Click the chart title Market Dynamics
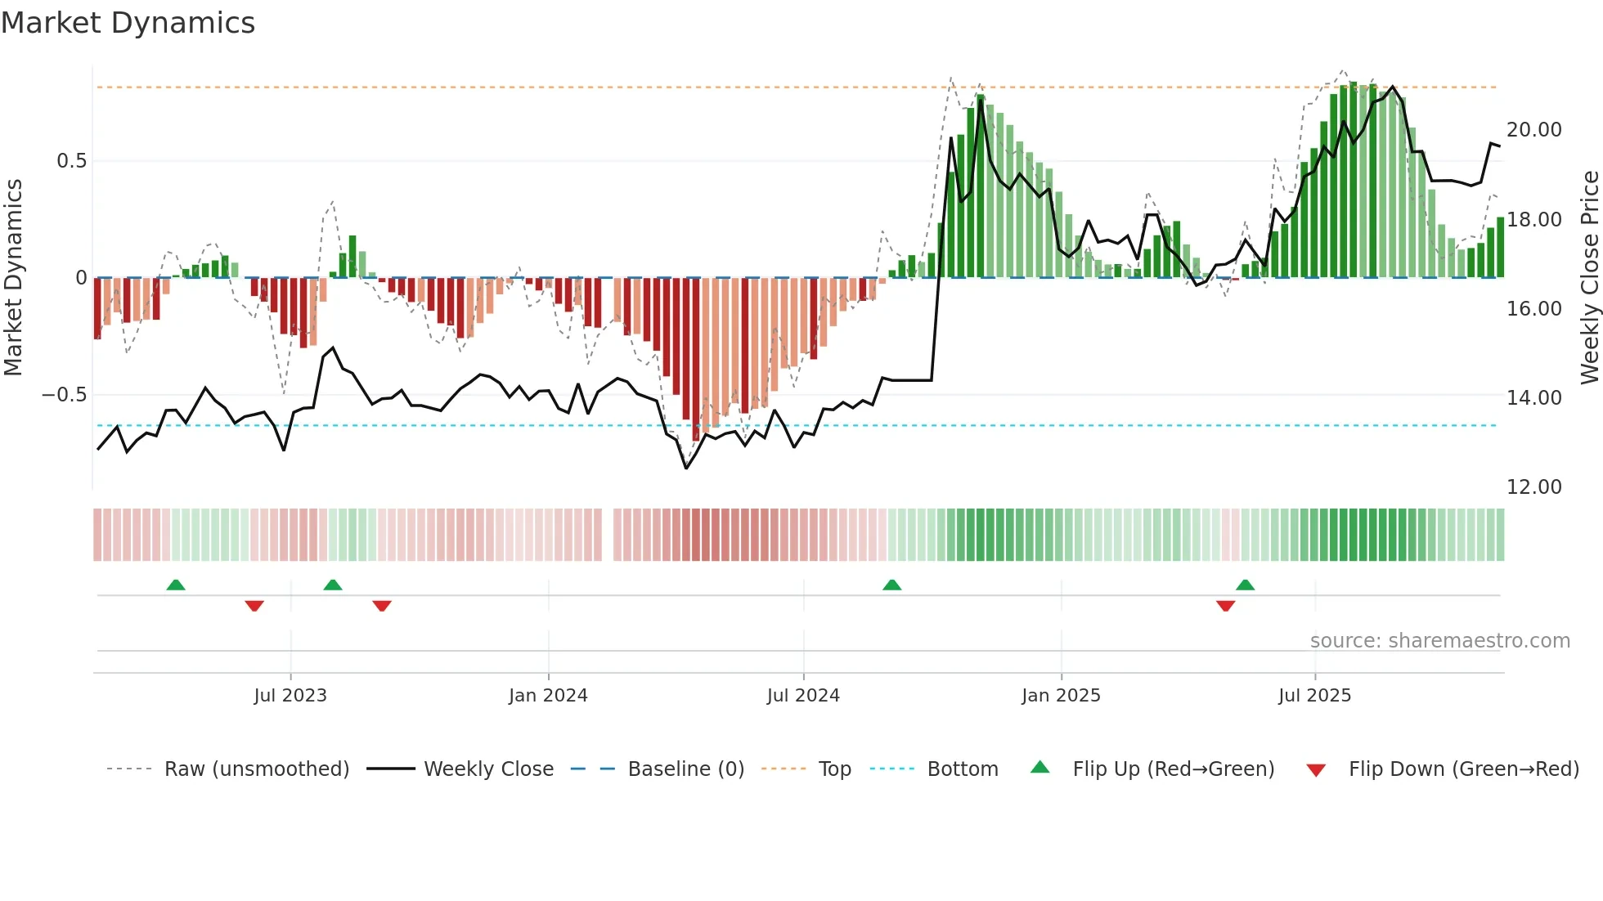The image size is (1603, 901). click(x=128, y=23)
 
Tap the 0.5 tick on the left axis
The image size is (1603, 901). click(x=71, y=161)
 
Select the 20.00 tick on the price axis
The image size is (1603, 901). click(x=1533, y=130)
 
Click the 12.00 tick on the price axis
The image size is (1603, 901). click(x=1533, y=487)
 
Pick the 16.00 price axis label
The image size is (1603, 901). click(x=1533, y=309)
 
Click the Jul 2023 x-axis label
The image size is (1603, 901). click(x=290, y=696)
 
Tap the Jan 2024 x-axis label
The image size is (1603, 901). click(x=548, y=696)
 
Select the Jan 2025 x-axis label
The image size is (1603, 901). click(x=1061, y=696)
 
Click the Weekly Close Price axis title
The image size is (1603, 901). click(x=1589, y=278)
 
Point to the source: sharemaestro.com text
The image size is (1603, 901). click(x=1439, y=641)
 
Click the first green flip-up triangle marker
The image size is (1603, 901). click(x=176, y=585)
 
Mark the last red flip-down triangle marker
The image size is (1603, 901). click(x=1225, y=606)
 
